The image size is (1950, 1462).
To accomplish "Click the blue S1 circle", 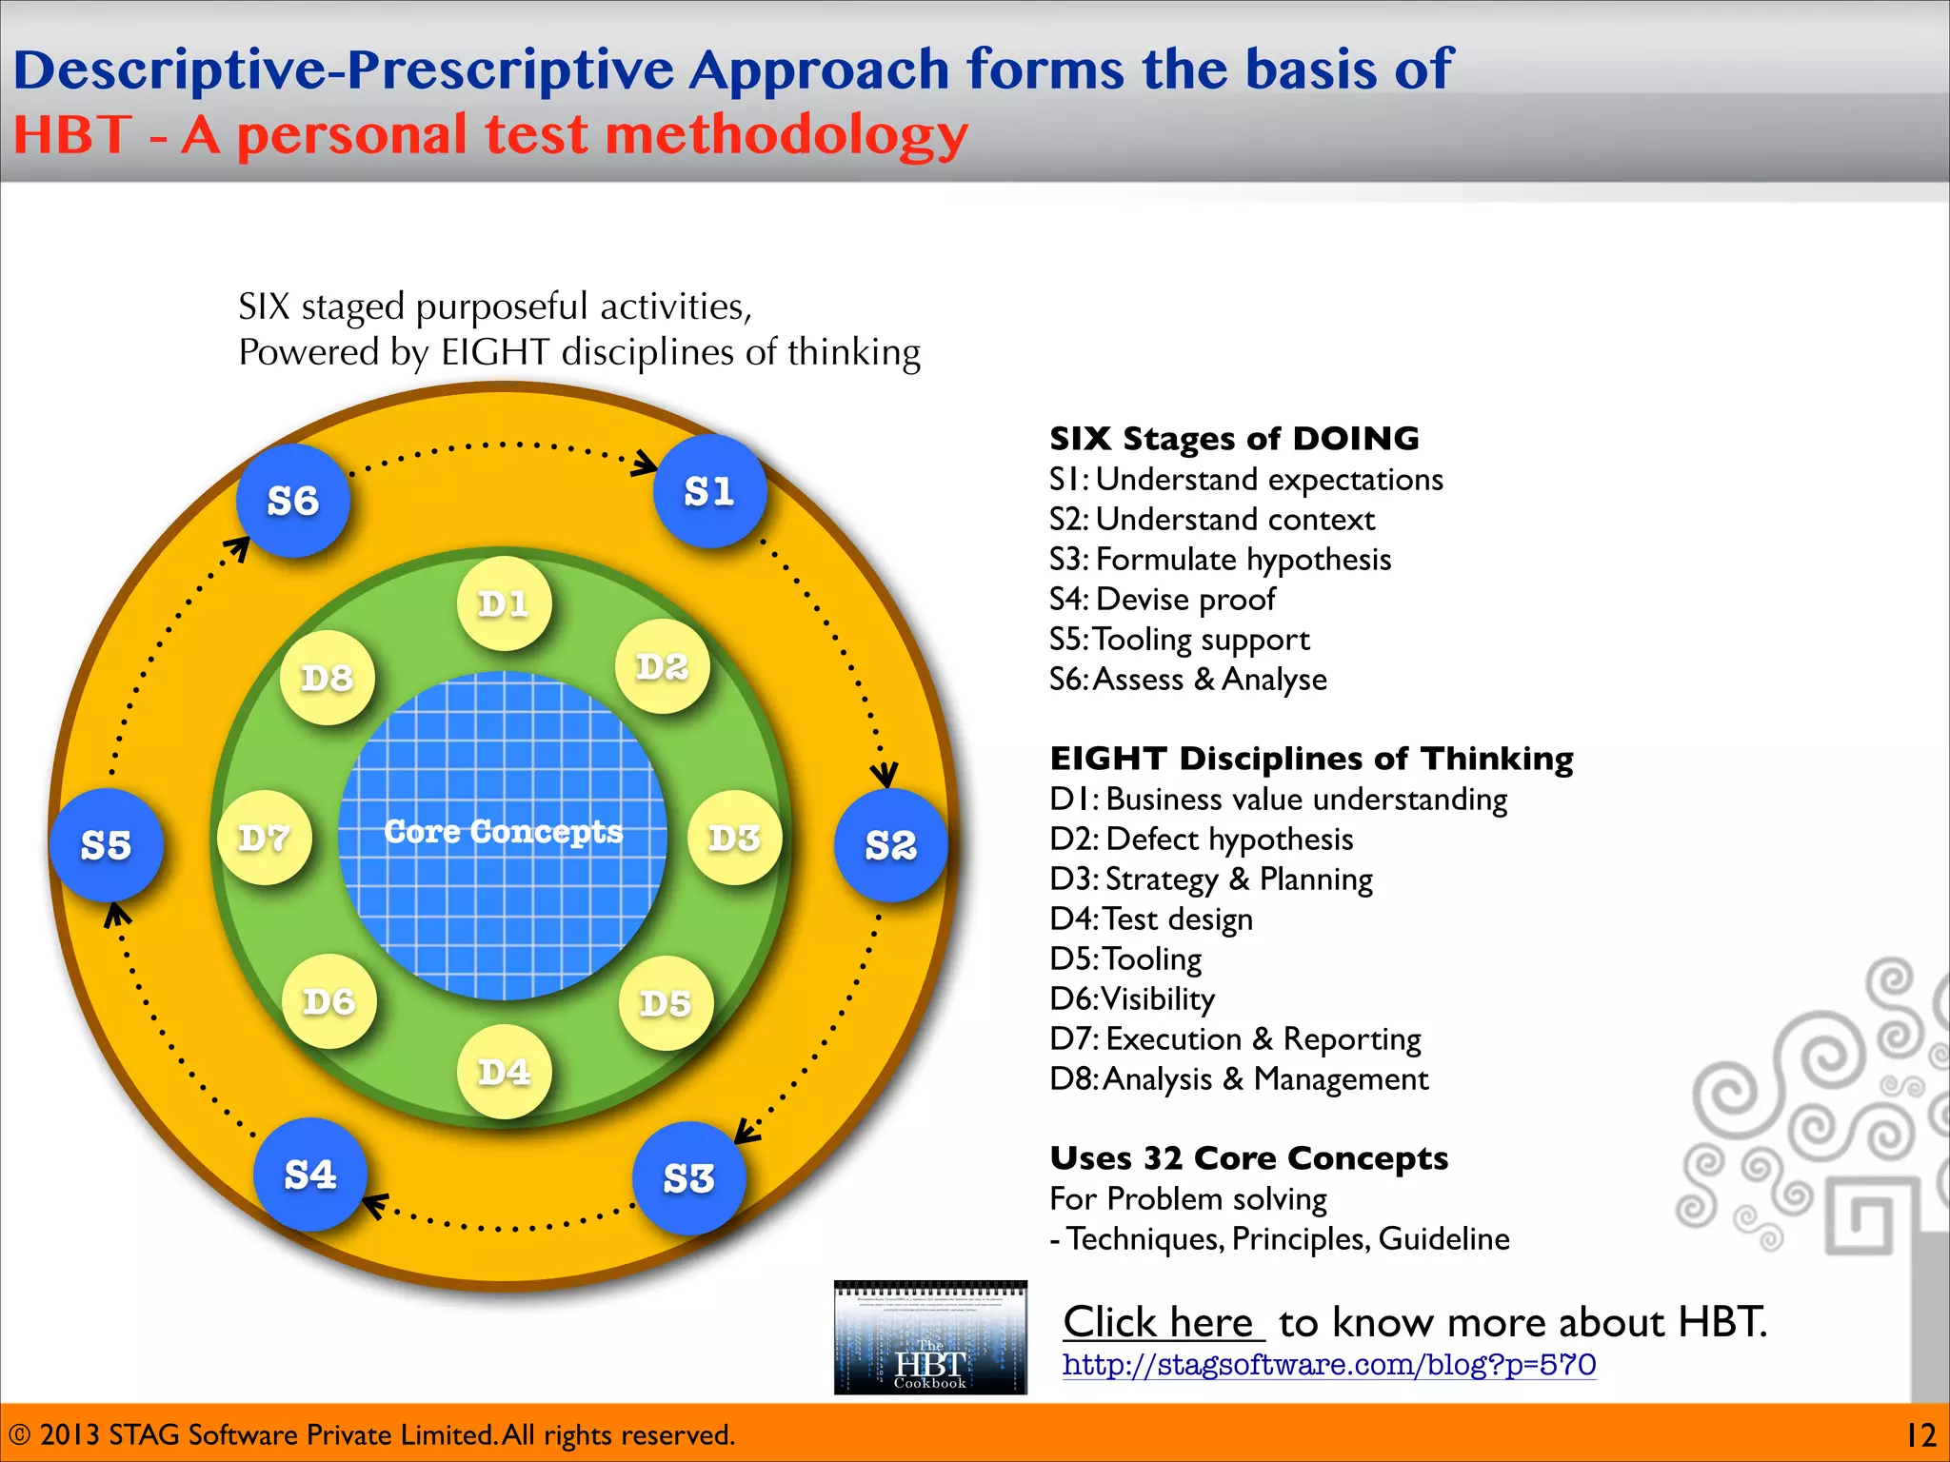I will tap(709, 492).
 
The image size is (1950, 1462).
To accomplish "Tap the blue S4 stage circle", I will tap(310, 1175).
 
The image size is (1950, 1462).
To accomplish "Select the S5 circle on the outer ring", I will tap(106, 845).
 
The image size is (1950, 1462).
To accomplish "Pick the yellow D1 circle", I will tap(504, 603).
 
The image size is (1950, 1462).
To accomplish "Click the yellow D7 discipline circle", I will tap(264, 838).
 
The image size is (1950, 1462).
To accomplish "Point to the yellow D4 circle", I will tap(504, 1072).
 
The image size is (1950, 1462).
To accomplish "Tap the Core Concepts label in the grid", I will tap(503, 832).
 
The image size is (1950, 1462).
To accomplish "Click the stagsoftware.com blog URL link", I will tap(1328, 1365).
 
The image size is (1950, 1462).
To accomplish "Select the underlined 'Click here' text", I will tap(1163, 1321).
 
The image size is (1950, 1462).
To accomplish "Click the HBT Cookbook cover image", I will tap(930, 1336).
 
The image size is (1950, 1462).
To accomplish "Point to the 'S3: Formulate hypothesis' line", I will tap(1220, 560).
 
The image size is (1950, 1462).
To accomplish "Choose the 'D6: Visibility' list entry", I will tap(1132, 999).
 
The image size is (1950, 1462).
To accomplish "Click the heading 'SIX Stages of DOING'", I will tap(1234, 439).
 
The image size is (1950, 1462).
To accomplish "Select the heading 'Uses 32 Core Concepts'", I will tap(1248, 1158).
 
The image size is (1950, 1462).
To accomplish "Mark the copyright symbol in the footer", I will tap(19, 1435).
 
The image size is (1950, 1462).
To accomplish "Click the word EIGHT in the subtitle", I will tap(494, 352).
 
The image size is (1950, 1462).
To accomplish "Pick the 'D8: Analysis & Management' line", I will tap(1239, 1079).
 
